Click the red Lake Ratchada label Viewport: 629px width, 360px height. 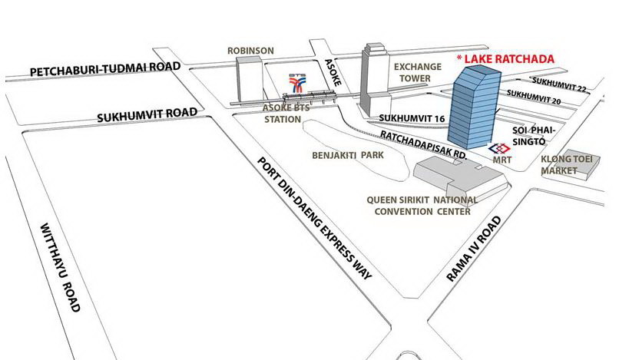pos(505,59)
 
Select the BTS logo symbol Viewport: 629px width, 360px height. pos(297,83)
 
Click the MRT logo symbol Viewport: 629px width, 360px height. pos(499,149)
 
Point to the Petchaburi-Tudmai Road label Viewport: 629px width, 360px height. pos(105,69)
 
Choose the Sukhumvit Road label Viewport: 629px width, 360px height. pos(147,115)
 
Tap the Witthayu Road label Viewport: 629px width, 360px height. pos(60,267)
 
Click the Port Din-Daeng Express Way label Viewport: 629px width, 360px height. pos(315,218)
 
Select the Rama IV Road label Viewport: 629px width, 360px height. pos(474,249)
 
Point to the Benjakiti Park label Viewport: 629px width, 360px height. pos(348,155)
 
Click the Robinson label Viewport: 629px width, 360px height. pos(250,51)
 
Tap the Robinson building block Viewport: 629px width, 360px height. pos(249,79)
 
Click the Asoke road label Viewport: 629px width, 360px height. pos(333,72)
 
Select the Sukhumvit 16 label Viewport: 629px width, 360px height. pos(412,118)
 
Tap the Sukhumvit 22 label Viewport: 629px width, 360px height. pos(560,84)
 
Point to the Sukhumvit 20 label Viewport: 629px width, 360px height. pos(534,97)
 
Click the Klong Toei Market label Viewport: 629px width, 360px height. pos(567,165)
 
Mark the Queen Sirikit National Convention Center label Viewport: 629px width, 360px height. pos(422,206)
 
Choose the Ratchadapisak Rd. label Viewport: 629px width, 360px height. pos(423,145)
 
